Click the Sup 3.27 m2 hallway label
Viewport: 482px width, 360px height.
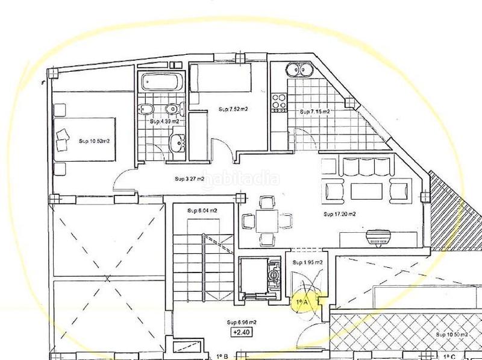pos(189,178)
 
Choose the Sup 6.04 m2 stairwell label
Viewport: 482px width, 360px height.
pos(202,210)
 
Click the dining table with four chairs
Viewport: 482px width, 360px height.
pos(266,221)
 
